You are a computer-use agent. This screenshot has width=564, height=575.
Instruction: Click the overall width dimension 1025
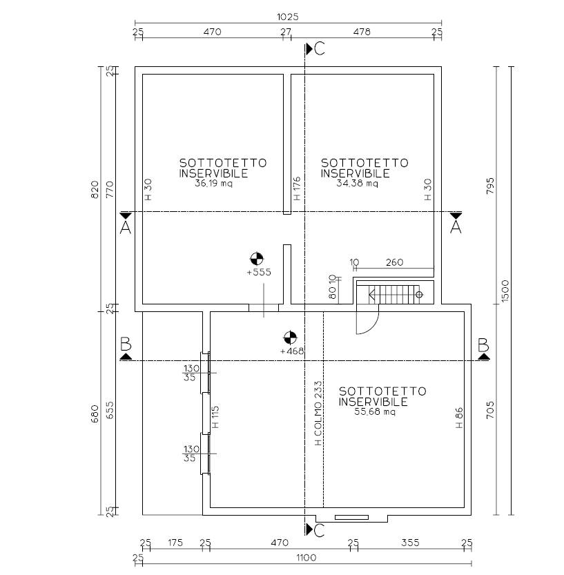pos(287,17)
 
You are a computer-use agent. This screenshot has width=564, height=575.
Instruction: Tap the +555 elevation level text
pos(259,272)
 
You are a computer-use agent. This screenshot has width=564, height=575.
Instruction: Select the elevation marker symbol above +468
pos(290,338)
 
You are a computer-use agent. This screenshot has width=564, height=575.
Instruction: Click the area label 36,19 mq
pos(213,184)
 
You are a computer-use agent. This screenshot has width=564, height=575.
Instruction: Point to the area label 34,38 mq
pos(357,184)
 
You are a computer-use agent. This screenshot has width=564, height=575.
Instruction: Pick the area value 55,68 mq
pos(375,411)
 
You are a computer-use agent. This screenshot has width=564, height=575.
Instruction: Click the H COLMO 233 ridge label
pos(318,413)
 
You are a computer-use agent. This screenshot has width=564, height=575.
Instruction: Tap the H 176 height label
pos(297,188)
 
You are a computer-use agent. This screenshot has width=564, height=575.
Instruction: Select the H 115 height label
pos(215,417)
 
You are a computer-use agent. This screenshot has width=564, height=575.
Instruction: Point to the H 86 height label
pos(459,418)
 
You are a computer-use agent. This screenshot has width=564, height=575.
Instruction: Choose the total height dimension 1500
pos(505,291)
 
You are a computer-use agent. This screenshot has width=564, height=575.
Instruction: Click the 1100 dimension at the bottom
pos(307,558)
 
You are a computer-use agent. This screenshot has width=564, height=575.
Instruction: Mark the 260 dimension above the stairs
pos(395,262)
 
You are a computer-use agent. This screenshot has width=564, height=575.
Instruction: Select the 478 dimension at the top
pos(362,32)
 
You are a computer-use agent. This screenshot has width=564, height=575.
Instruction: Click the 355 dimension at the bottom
pos(410,543)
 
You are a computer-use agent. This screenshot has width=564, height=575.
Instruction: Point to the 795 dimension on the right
pos(490,186)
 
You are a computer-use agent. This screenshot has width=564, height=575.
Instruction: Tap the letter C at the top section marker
pos(320,49)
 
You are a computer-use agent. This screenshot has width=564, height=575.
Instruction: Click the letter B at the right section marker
pos(483,345)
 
